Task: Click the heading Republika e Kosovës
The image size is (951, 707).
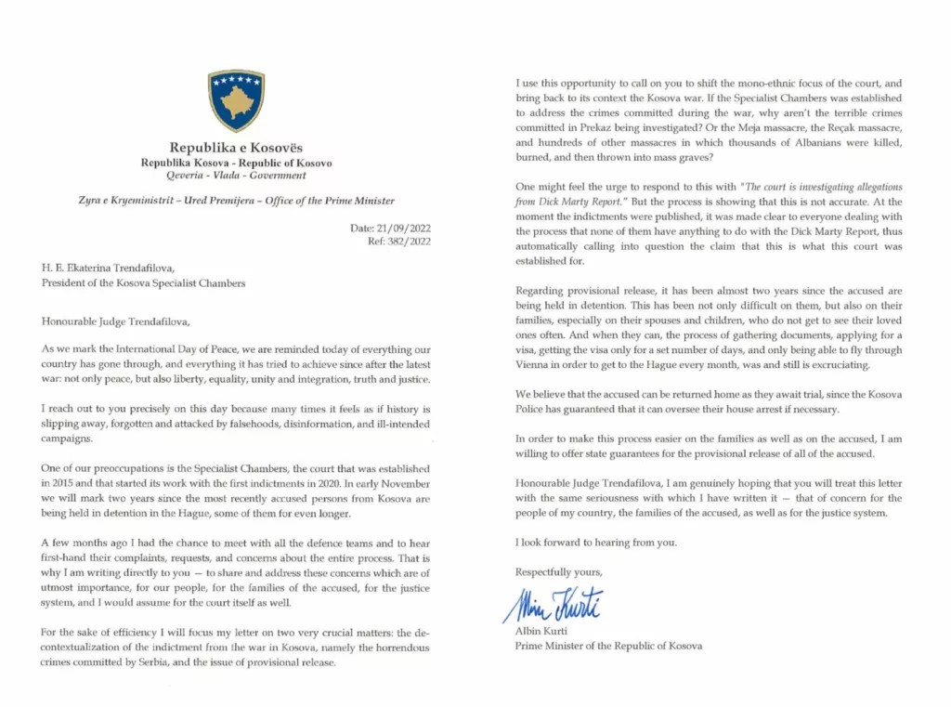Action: pos(236,148)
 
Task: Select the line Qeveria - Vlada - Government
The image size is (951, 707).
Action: pos(236,175)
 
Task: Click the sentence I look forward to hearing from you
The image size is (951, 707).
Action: pos(595,542)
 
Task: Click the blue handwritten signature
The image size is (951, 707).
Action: pos(554,605)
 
